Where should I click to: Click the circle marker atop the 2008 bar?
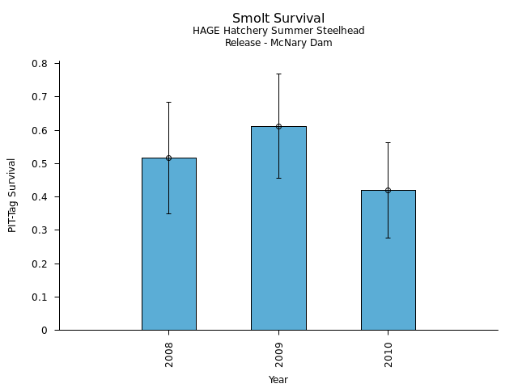coord(168,158)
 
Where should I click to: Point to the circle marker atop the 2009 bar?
coord(278,126)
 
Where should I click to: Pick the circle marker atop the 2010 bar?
coord(388,190)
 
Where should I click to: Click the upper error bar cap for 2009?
coord(278,74)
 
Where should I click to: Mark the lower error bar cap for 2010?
coord(388,238)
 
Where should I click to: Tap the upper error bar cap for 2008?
coord(168,102)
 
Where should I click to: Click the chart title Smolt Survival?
coord(278,19)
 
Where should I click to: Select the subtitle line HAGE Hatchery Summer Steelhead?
coord(278,31)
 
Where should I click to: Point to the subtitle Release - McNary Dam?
coord(278,43)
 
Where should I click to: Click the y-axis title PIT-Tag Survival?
coord(12,195)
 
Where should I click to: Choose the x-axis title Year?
coord(278,380)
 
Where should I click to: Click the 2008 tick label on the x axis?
coord(169,354)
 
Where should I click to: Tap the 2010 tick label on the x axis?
coord(388,354)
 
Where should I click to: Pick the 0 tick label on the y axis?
coord(45,331)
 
